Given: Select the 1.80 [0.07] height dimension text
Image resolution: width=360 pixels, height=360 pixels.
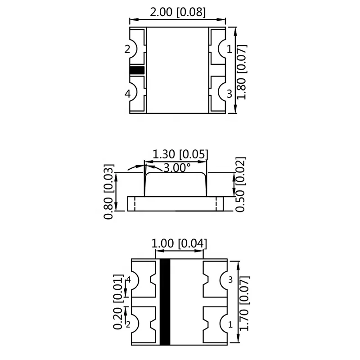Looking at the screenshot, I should pos(242,70).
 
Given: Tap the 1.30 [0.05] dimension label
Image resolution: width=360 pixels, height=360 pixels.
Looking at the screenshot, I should pos(180,154).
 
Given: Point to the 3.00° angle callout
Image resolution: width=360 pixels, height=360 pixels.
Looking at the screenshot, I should pos(177,168).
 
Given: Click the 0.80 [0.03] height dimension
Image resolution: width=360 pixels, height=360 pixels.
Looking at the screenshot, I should pos(109,191).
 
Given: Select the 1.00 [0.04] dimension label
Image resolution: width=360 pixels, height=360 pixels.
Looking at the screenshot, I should pos(180,244).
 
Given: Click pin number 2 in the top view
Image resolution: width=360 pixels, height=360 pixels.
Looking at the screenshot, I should pos(127,49).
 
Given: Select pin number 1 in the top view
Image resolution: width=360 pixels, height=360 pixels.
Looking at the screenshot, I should pos(229,49).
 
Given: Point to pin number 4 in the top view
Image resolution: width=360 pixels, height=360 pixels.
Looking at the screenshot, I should pos(127,94).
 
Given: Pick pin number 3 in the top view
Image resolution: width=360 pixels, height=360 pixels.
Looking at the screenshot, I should pos(229,94).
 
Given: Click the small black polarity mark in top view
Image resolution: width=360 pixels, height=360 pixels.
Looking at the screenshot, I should pos(137,70).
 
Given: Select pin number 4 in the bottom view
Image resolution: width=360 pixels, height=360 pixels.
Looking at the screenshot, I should pos(129,280).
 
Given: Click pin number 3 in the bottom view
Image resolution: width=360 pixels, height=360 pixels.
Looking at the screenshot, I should pos(231,280).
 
